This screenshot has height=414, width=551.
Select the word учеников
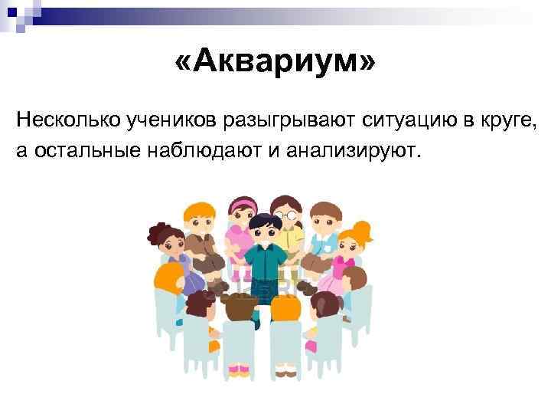pyautogui.click(x=171, y=120)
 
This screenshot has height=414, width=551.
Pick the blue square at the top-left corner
pyautogui.click(x=11, y=11)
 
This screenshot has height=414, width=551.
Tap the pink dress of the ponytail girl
pyautogui.click(x=337, y=276)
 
